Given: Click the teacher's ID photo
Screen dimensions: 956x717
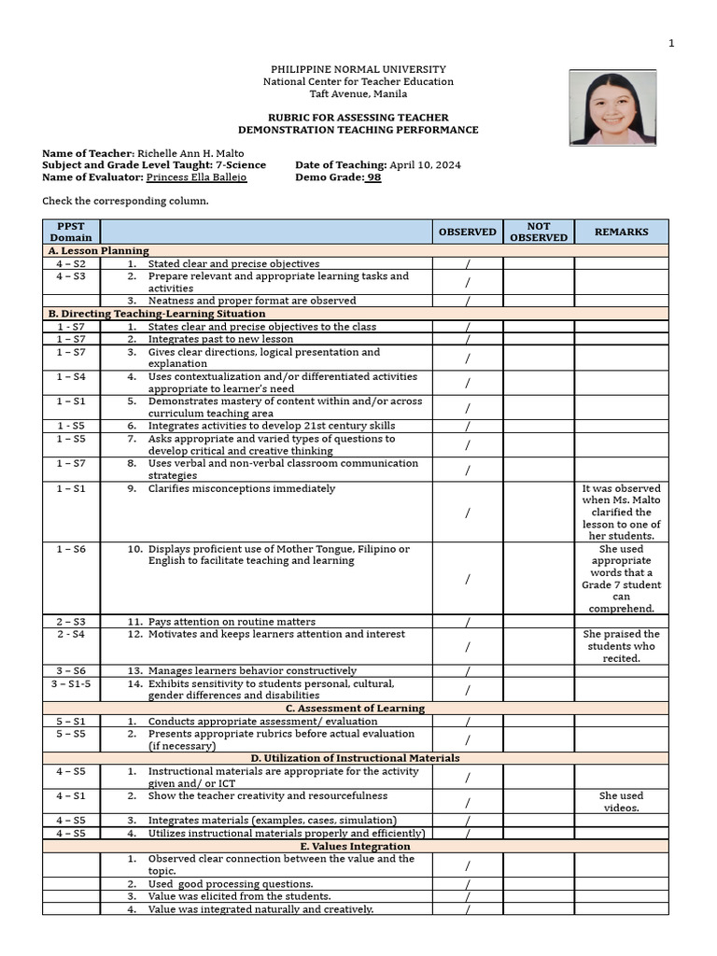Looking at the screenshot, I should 612,107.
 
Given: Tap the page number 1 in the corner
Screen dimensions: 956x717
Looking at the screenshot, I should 670,44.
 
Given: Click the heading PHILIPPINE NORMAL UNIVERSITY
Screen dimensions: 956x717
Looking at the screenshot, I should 358,69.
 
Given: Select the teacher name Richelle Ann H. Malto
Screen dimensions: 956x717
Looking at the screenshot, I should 197,152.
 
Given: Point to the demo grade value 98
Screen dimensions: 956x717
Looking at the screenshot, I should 373,177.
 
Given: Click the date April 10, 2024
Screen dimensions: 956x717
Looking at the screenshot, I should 425,165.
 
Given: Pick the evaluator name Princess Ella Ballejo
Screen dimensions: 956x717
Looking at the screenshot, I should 197,177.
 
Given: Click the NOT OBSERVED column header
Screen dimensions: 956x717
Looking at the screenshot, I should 539,232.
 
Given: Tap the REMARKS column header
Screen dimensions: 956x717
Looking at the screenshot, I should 621,232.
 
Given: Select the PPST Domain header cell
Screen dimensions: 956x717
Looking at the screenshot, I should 71,232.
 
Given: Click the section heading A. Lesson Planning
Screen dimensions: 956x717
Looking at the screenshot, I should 98,251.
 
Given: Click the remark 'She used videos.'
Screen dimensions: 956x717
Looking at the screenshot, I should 621,802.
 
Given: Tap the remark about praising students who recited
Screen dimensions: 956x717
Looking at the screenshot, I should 621,646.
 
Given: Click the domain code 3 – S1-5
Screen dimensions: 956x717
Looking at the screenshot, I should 71,683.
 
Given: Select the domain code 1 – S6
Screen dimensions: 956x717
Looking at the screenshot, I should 71,549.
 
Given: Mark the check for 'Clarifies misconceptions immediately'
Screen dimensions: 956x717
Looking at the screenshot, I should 467,513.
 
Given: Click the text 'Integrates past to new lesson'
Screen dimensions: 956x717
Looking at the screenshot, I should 220,339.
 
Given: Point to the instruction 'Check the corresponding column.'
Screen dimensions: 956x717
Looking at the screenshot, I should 125,201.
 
